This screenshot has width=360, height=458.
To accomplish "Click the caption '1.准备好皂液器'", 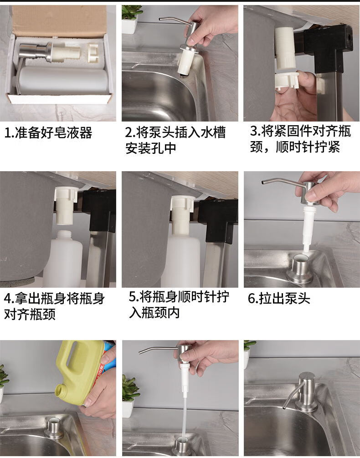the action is (48, 133).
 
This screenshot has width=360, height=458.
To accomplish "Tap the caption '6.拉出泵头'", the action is (279, 298).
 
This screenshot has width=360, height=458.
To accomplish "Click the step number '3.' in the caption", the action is (255, 131).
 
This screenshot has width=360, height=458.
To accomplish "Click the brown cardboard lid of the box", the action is (58, 20).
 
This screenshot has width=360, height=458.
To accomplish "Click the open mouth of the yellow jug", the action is (62, 392).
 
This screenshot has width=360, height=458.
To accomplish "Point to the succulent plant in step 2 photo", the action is (132, 12).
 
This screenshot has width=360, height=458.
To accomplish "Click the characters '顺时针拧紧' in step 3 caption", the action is (308, 147).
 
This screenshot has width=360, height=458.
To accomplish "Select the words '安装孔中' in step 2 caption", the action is (151, 148).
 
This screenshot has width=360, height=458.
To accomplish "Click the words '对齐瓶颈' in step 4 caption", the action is (30, 314).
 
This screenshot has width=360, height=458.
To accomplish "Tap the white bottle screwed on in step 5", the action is (180, 260).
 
